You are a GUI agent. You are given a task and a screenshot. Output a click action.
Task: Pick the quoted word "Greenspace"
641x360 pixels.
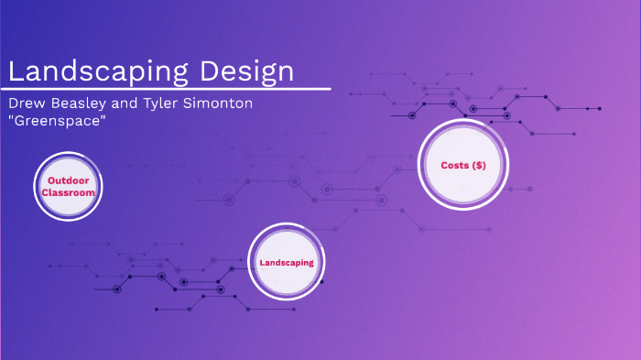click(x=56, y=121)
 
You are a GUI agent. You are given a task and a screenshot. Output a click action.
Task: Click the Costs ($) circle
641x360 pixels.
click(x=462, y=165)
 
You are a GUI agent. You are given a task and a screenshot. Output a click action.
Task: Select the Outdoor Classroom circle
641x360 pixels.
click(x=70, y=187)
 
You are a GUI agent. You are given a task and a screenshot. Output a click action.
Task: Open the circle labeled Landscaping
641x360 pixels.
click(x=287, y=262)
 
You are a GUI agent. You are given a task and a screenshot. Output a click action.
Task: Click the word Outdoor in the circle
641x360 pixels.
click(x=70, y=181)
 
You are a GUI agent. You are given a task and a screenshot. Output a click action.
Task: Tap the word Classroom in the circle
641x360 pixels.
click(x=70, y=193)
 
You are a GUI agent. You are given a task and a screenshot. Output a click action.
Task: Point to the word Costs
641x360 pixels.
click(x=455, y=165)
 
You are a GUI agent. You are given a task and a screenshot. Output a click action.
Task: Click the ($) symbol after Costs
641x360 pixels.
click(x=479, y=165)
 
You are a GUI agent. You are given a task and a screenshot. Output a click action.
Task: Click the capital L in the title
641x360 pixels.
click(x=16, y=71)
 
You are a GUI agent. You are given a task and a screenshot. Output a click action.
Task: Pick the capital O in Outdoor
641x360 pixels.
click(x=51, y=181)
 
